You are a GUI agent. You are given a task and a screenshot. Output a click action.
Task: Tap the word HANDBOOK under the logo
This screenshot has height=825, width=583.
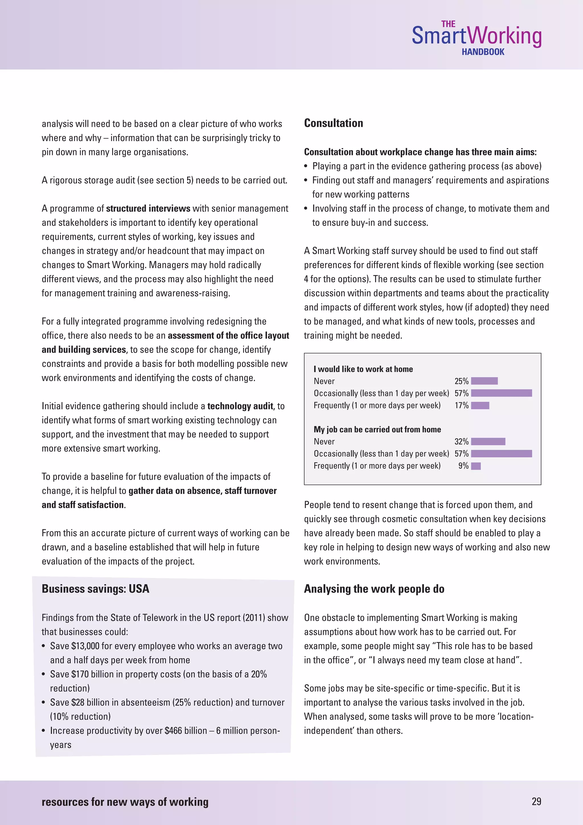point(483,52)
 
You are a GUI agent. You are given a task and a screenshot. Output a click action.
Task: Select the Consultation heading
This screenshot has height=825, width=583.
point(334,123)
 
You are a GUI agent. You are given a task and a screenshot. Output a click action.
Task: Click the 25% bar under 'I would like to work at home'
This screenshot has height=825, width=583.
point(484,381)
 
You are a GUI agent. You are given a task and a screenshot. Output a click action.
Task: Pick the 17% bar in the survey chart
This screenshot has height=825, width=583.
point(480,405)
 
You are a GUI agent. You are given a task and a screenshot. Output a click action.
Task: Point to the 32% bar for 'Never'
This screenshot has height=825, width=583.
point(488,441)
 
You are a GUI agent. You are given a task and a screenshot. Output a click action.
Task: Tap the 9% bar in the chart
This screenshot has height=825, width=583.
point(476,466)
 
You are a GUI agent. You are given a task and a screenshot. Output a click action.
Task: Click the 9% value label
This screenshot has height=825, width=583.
point(463,466)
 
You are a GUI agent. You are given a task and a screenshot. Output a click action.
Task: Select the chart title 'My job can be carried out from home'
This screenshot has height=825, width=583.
point(377,429)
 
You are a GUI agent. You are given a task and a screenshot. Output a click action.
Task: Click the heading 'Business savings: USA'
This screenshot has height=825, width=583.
point(95,589)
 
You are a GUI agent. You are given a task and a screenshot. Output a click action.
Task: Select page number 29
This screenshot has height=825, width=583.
point(536,801)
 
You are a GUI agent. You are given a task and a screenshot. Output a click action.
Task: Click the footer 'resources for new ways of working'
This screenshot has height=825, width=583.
point(125,802)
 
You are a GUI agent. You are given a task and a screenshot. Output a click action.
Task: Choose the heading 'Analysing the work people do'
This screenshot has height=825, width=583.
point(374,589)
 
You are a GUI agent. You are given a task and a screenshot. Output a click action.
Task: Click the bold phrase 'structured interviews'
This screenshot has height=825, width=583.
point(148,209)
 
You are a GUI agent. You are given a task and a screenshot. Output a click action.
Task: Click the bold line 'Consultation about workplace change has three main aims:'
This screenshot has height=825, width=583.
point(420,152)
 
